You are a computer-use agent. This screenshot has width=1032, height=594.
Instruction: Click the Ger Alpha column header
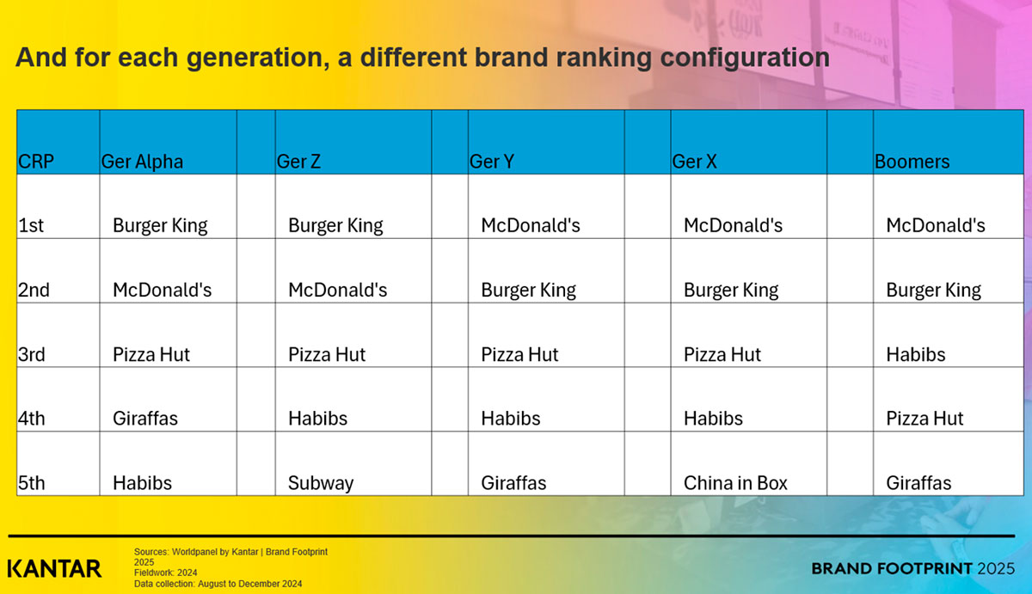point(142,162)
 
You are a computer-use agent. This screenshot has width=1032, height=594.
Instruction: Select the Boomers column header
point(912,162)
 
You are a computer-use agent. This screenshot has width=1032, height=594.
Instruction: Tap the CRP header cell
point(36,162)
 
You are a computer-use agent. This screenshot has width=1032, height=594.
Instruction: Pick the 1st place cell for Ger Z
point(335,226)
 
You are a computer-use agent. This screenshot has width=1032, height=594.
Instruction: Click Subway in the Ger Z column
point(321,483)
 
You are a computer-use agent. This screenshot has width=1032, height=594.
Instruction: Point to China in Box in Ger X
point(735,483)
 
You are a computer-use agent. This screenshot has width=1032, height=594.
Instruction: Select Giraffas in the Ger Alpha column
point(145,419)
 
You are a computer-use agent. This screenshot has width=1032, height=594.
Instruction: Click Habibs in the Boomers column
point(916,354)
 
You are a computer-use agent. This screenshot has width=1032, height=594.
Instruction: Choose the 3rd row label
point(32,354)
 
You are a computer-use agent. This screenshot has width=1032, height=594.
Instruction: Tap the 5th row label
point(32,483)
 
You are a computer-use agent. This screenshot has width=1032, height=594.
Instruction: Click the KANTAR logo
point(54,568)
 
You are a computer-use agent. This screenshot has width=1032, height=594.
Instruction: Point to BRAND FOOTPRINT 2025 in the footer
point(913,568)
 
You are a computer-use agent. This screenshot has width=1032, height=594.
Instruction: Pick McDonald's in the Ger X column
point(733,226)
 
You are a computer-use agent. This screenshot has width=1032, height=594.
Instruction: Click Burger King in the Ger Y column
point(529,291)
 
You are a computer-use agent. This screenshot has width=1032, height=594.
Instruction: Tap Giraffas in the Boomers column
point(918,483)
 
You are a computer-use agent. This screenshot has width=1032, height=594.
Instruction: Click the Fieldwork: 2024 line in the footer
point(164,573)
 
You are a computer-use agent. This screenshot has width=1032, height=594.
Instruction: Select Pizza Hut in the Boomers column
point(924,419)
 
